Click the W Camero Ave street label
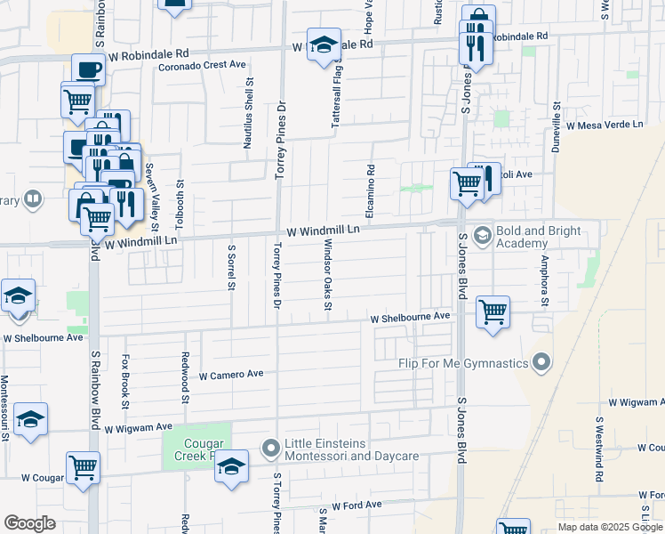point(231,376)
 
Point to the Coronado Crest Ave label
point(202,65)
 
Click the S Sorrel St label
point(231,268)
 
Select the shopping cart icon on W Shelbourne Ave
point(493,312)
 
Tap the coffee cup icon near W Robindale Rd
point(88,69)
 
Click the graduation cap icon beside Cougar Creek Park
point(231,467)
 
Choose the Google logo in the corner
point(29,523)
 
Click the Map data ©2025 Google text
point(609,527)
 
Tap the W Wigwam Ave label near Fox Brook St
point(138,428)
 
